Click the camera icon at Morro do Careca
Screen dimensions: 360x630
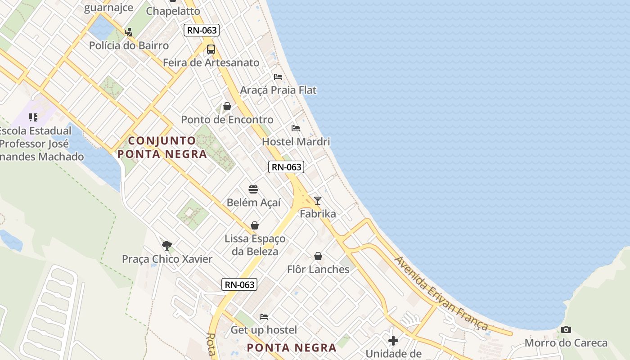click(566, 330)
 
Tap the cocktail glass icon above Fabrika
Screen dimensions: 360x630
click(318, 201)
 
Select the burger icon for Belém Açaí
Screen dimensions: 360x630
click(253, 189)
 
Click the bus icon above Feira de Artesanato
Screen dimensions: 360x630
click(211, 49)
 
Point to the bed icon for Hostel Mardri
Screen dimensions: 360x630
click(296, 128)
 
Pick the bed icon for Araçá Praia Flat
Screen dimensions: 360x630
click(278, 77)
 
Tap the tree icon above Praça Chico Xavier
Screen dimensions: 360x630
click(167, 245)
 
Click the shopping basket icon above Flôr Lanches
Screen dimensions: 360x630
click(318, 256)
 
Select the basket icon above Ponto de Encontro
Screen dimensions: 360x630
click(227, 106)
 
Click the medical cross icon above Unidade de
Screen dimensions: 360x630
click(393, 340)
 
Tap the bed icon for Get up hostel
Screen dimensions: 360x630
click(264, 317)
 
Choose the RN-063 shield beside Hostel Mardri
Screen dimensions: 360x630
click(286, 167)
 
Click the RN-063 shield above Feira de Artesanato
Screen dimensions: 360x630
click(202, 31)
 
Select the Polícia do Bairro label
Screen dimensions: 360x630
click(129, 45)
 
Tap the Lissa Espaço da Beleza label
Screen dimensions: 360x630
click(255, 245)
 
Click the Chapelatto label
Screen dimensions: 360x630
click(173, 11)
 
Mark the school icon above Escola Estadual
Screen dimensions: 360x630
click(33, 117)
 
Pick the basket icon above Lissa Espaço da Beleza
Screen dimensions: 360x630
click(255, 225)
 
